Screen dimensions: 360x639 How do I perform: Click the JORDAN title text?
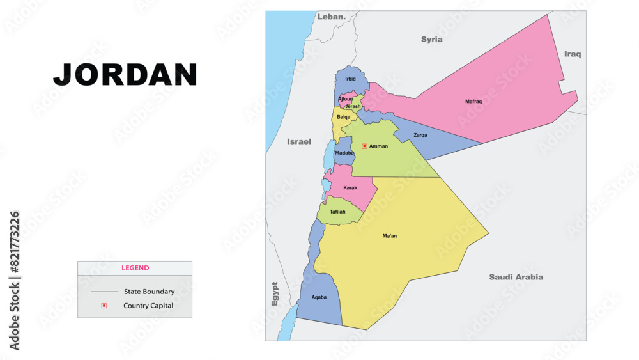(125, 75)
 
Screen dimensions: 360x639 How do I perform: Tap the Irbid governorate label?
(350, 79)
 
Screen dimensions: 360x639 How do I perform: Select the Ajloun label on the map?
(345, 99)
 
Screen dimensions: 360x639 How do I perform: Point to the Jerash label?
(353, 107)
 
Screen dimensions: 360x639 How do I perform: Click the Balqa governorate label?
(344, 117)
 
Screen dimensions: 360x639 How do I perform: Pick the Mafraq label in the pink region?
(473, 102)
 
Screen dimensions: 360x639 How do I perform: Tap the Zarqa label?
(420, 135)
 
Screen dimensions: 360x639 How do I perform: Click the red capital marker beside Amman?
(364, 146)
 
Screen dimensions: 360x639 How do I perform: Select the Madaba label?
(344, 153)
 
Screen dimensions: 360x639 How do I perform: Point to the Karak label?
(350, 188)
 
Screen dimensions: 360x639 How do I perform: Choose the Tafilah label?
(337, 212)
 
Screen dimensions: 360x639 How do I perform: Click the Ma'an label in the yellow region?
(390, 236)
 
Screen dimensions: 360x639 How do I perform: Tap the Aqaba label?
(319, 297)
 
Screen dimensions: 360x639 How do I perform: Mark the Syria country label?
(431, 40)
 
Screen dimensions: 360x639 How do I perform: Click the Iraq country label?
(573, 54)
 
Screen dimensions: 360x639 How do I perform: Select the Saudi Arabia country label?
(516, 277)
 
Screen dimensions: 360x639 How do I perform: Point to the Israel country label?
(299, 141)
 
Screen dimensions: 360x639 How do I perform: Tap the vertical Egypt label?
(275, 293)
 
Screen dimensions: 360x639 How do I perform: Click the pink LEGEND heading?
(135, 268)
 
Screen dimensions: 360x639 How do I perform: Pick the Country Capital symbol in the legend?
(104, 306)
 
